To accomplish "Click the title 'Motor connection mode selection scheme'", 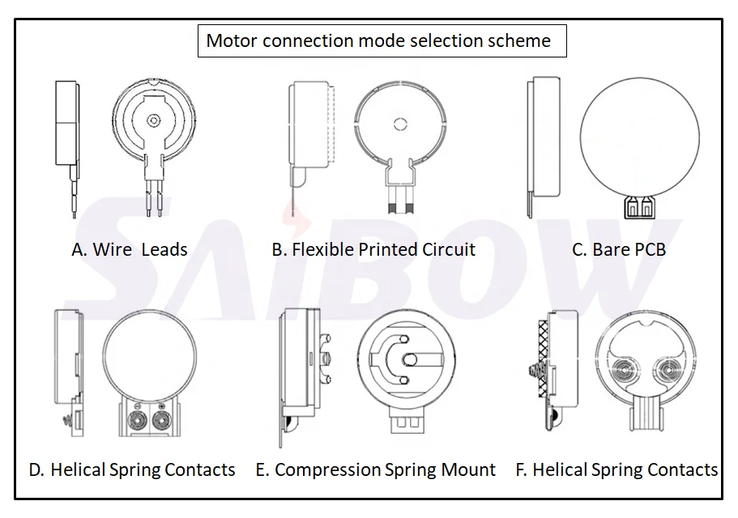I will pyautogui.click(x=378, y=41).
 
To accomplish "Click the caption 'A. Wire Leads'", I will pyautogui.click(x=130, y=249).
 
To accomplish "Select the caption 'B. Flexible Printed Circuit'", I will pyautogui.click(x=373, y=249).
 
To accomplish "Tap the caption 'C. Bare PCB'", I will pyautogui.click(x=619, y=249).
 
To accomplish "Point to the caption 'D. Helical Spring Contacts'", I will pyautogui.click(x=132, y=469).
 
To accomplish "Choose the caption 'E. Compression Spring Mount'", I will pyautogui.click(x=376, y=469).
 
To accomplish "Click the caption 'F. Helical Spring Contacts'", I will pyautogui.click(x=616, y=469).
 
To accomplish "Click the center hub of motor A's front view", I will pyautogui.click(x=153, y=121).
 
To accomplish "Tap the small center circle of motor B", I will pyautogui.click(x=398, y=124).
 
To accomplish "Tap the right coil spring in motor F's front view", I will pyautogui.click(x=671, y=372).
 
